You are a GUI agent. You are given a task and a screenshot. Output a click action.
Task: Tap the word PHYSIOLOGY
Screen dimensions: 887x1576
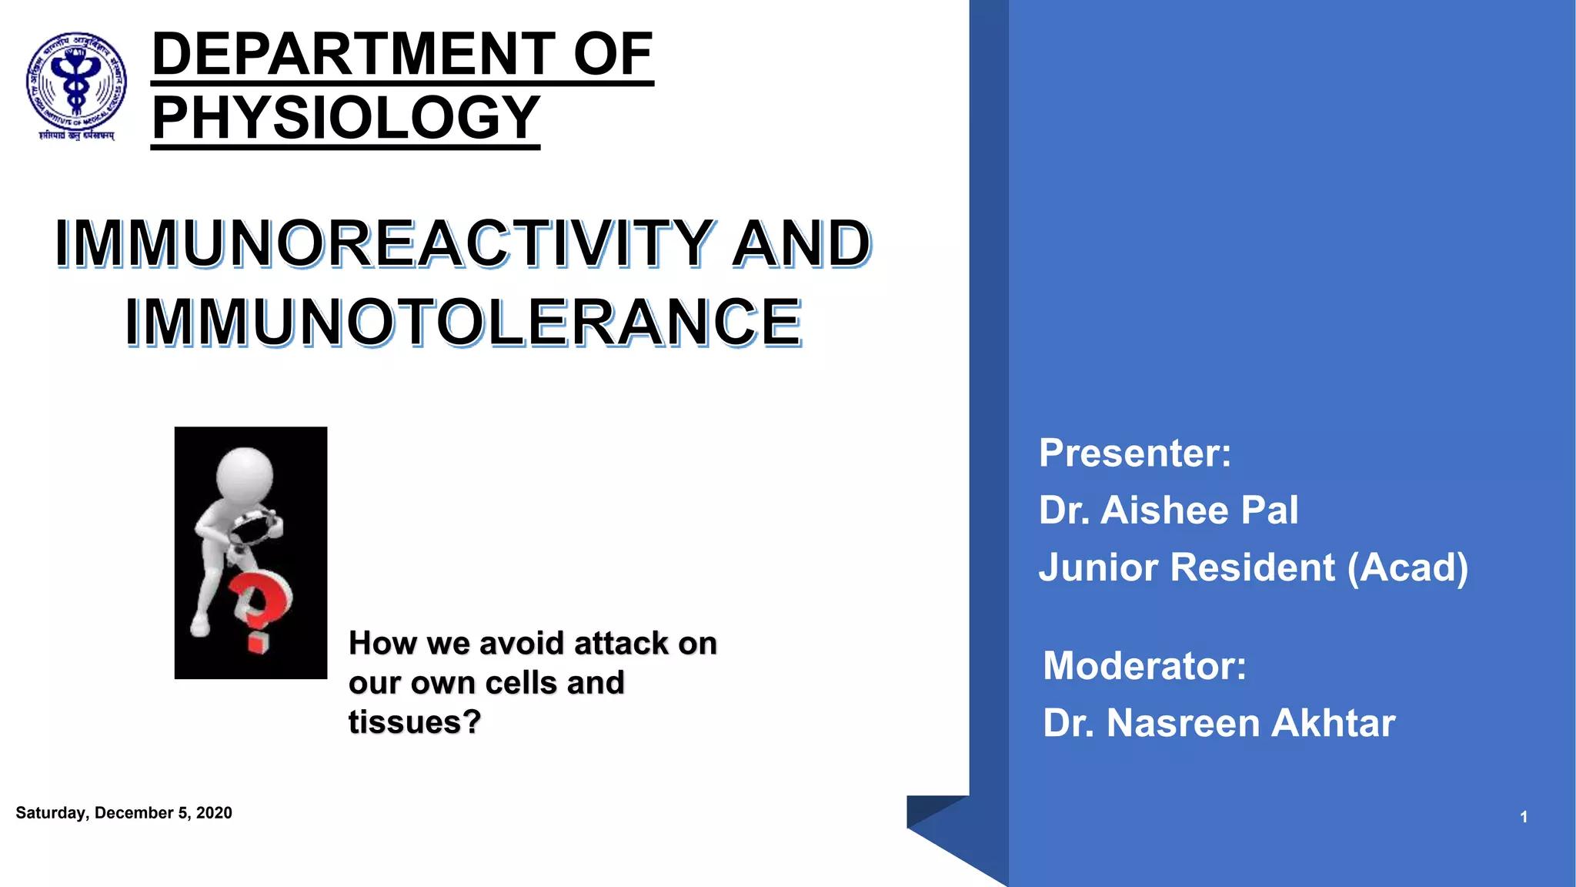(x=346, y=118)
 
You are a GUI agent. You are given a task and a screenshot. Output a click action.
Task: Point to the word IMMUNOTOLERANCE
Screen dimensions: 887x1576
(x=464, y=322)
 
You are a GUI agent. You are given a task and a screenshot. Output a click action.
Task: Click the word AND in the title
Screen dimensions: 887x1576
(x=801, y=243)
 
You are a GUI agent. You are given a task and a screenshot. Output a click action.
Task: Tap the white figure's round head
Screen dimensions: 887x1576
(x=245, y=474)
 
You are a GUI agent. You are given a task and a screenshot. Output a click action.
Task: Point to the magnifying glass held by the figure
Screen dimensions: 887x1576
(x=253, y=530)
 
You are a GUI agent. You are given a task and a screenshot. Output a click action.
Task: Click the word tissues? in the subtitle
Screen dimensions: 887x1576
(x=414, y=722)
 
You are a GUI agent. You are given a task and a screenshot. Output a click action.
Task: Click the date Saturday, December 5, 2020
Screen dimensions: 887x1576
(x=123, y=813)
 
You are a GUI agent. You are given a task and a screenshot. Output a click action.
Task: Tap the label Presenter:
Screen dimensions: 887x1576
(x=1134, y=453)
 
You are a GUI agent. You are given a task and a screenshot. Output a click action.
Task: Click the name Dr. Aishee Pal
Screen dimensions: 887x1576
(x=1167, y=510)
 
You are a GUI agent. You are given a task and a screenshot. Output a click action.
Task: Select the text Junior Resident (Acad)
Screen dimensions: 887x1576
(x=1253, y=567)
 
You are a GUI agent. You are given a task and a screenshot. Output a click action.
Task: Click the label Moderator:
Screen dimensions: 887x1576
(x=1144, y=665)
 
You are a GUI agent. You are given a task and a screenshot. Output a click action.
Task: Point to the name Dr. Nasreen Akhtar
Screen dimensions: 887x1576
(x=1218, y=723)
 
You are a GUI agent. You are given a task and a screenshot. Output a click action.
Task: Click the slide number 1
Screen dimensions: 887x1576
(x=1523, y=817)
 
